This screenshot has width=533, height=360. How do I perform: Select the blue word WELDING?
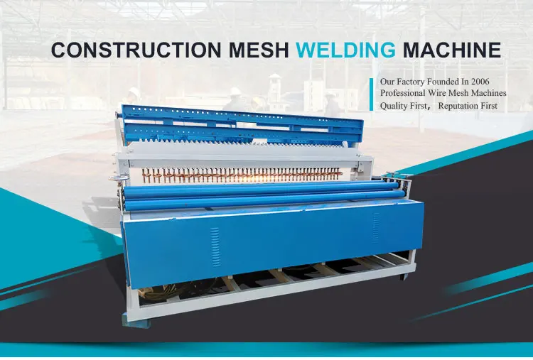click(345, 50)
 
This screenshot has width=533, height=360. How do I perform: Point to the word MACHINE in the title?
click(451, 50)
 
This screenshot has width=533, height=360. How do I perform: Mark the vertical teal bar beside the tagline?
click(371, 94)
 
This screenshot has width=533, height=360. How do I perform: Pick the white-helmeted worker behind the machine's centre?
click(235, 99)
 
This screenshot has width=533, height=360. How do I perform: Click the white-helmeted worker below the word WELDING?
click(331, 101)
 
